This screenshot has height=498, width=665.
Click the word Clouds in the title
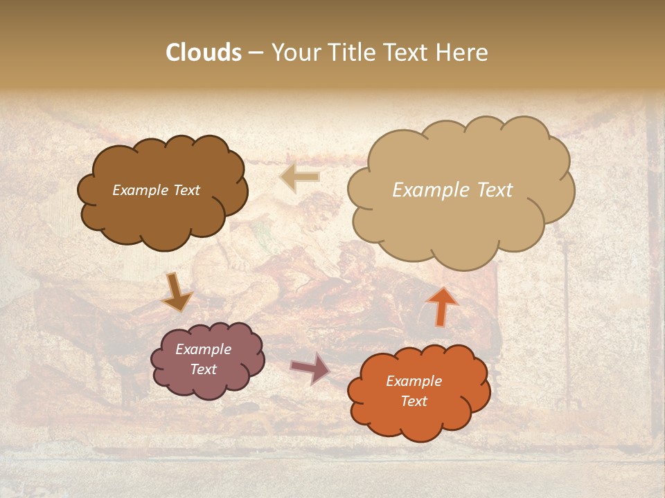coord(204,53)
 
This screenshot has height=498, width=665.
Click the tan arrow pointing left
coord(300,177)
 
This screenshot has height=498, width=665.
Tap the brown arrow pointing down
coord(177,292)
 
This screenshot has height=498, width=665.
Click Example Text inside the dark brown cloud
coord(156,190)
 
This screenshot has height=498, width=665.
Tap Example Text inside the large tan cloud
coord(452,190)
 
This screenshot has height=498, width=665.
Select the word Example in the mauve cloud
coord(203,349)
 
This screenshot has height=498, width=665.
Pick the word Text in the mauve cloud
coord(203,369)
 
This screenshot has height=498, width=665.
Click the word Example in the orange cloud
coord(414,381)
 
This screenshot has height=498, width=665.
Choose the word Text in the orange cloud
coord(414,401)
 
